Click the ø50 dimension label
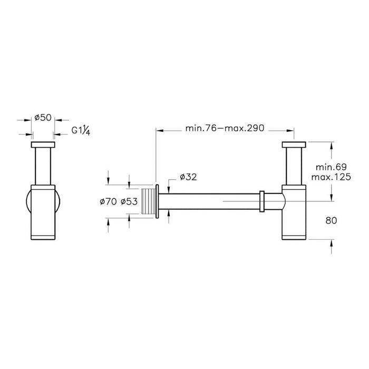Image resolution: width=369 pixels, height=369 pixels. [43, 118]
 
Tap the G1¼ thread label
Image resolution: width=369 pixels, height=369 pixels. [81, 131]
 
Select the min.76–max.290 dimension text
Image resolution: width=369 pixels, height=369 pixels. [225, 128]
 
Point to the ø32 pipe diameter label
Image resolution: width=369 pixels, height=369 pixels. [188, 177]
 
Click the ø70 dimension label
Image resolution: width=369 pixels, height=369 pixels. [108, 202]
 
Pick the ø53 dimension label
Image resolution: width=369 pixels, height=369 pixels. [129, 202]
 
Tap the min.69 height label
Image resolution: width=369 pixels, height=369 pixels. [331, 167]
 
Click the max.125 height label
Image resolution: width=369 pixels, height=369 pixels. [331, 177]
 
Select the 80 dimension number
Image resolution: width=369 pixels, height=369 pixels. [331, 221]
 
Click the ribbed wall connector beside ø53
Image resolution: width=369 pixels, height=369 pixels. [149, 201]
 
